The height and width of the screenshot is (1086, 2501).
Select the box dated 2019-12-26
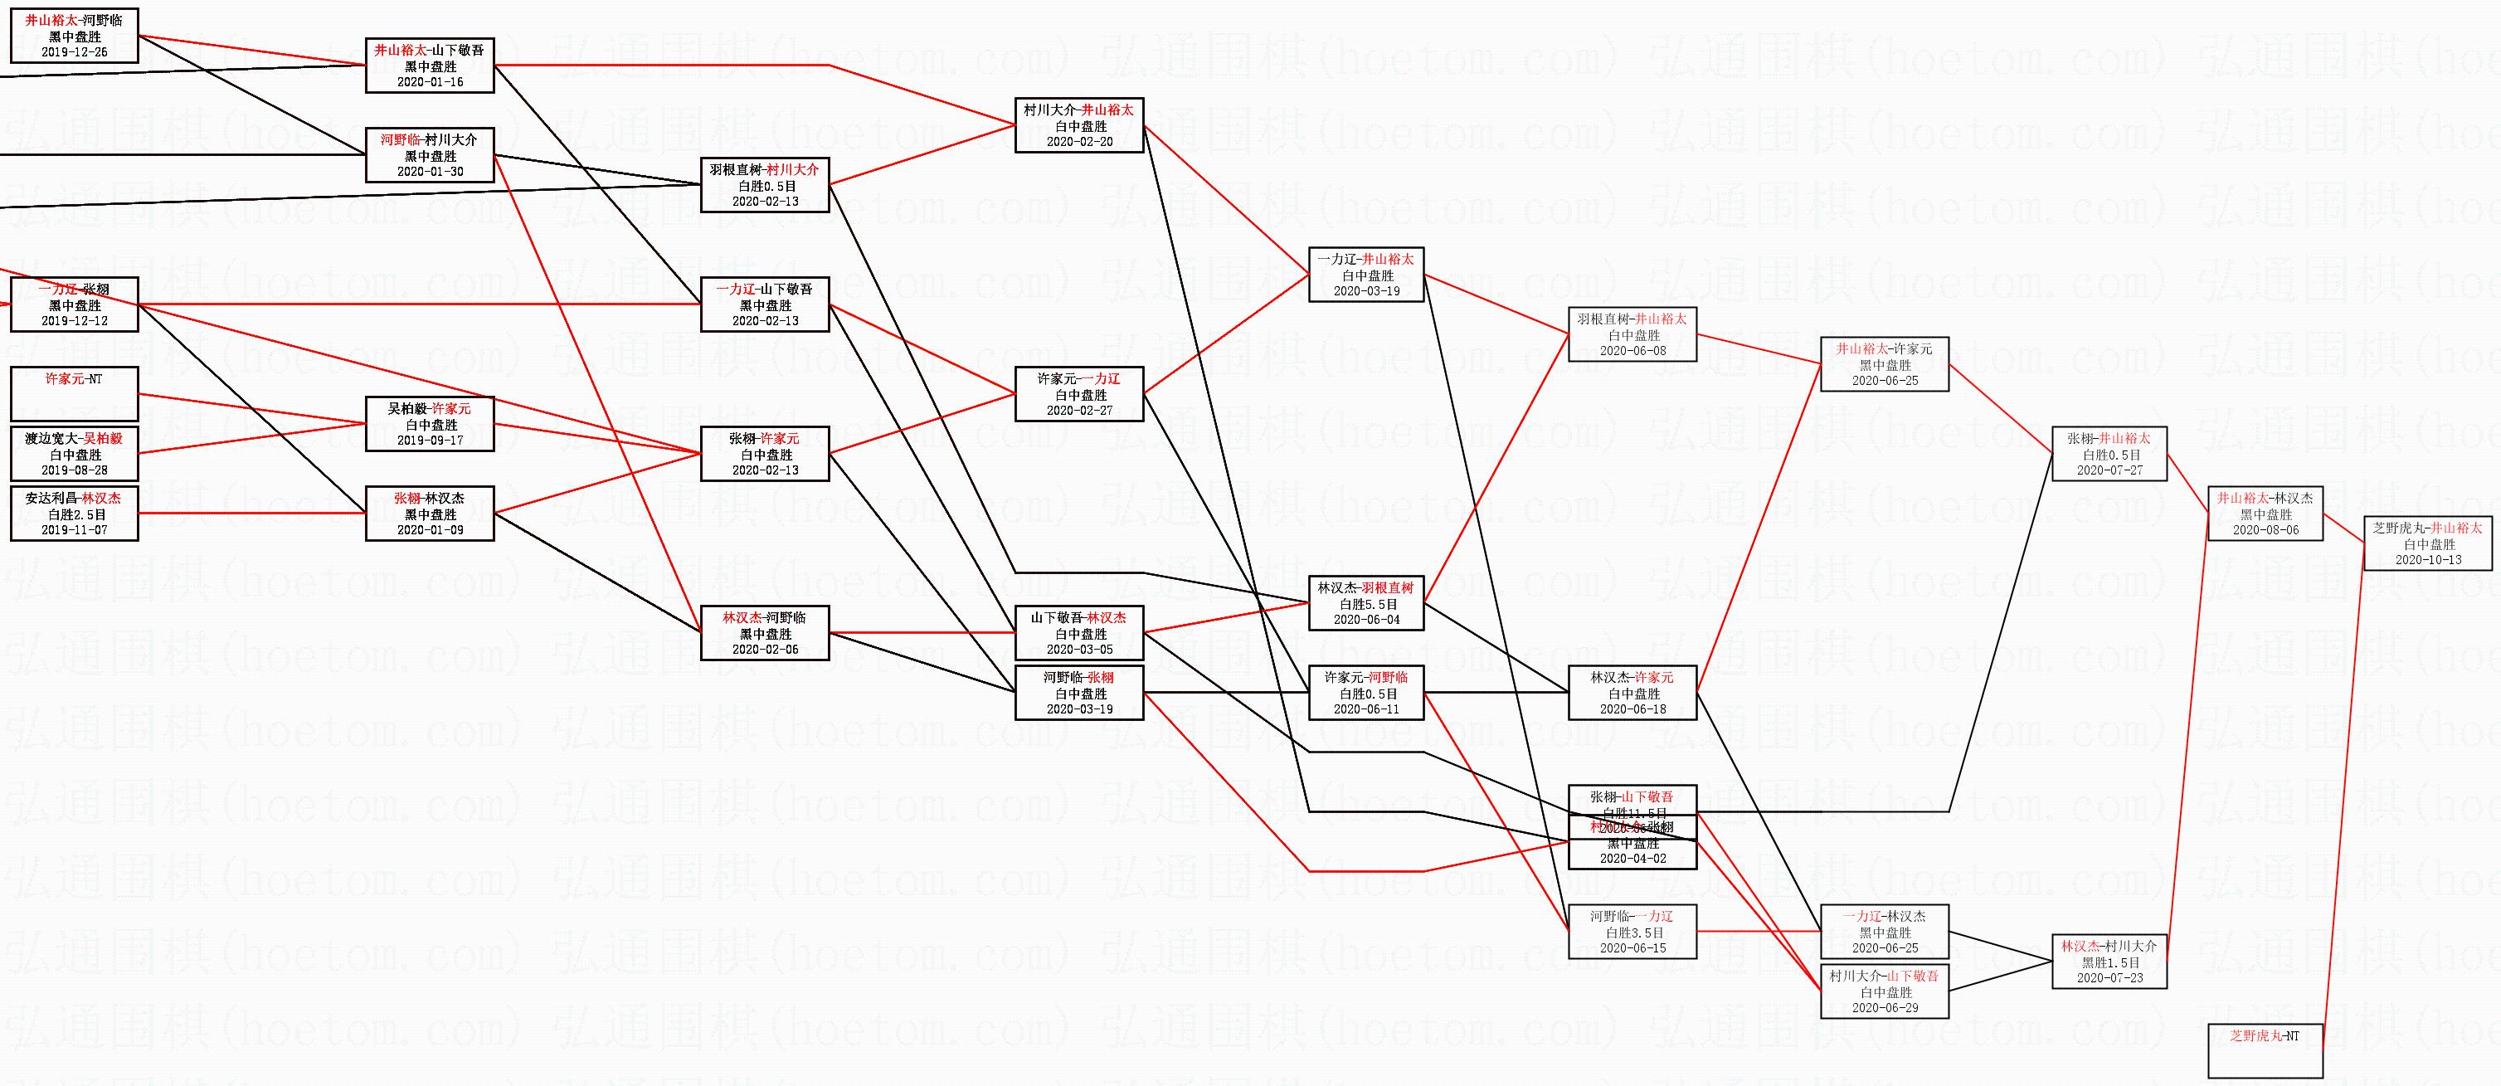point(75,36)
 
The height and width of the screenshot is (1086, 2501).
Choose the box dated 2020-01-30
point(429,155)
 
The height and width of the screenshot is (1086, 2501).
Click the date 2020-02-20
point(1080,142)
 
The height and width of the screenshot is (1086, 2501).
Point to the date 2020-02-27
point(1080,411)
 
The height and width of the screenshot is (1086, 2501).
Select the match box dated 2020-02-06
point(765,633)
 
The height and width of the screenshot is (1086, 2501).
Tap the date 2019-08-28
point(75,470)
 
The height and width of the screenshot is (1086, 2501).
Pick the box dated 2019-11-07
point(75,514)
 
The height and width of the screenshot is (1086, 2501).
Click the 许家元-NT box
point(75,393)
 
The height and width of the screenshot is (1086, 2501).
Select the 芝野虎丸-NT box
point(2265,1051)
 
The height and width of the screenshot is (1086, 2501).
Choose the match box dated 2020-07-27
point(2109,455)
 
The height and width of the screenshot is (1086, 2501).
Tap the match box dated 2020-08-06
point(2265,514)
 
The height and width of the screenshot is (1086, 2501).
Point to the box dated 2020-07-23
point(2109,962)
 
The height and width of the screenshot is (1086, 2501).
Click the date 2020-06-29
point(1885,1008)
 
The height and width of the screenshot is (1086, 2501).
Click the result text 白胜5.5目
point(1366,604)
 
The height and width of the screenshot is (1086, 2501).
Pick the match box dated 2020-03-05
point(1080,633)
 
